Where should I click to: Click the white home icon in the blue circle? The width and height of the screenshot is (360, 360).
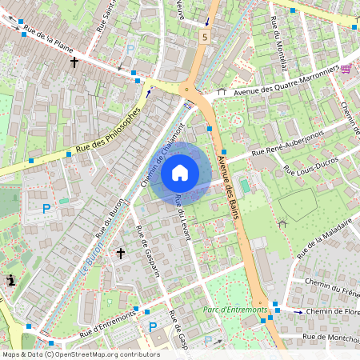[x=180, y=172]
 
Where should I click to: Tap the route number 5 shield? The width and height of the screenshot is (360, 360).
[x=206, y=37]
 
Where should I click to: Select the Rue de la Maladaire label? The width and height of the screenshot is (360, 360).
[x=324, y=240]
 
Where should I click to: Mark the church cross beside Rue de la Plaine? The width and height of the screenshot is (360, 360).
[x=74, y=61]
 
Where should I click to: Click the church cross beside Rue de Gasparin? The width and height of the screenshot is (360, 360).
[x=121, y=254]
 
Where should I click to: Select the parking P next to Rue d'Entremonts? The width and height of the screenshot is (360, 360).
[x=153, y=326]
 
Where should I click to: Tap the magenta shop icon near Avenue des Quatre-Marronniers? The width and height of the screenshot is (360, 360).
[x=346, y=69]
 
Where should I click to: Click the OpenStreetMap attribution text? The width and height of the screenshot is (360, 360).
[x=80, y=354]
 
